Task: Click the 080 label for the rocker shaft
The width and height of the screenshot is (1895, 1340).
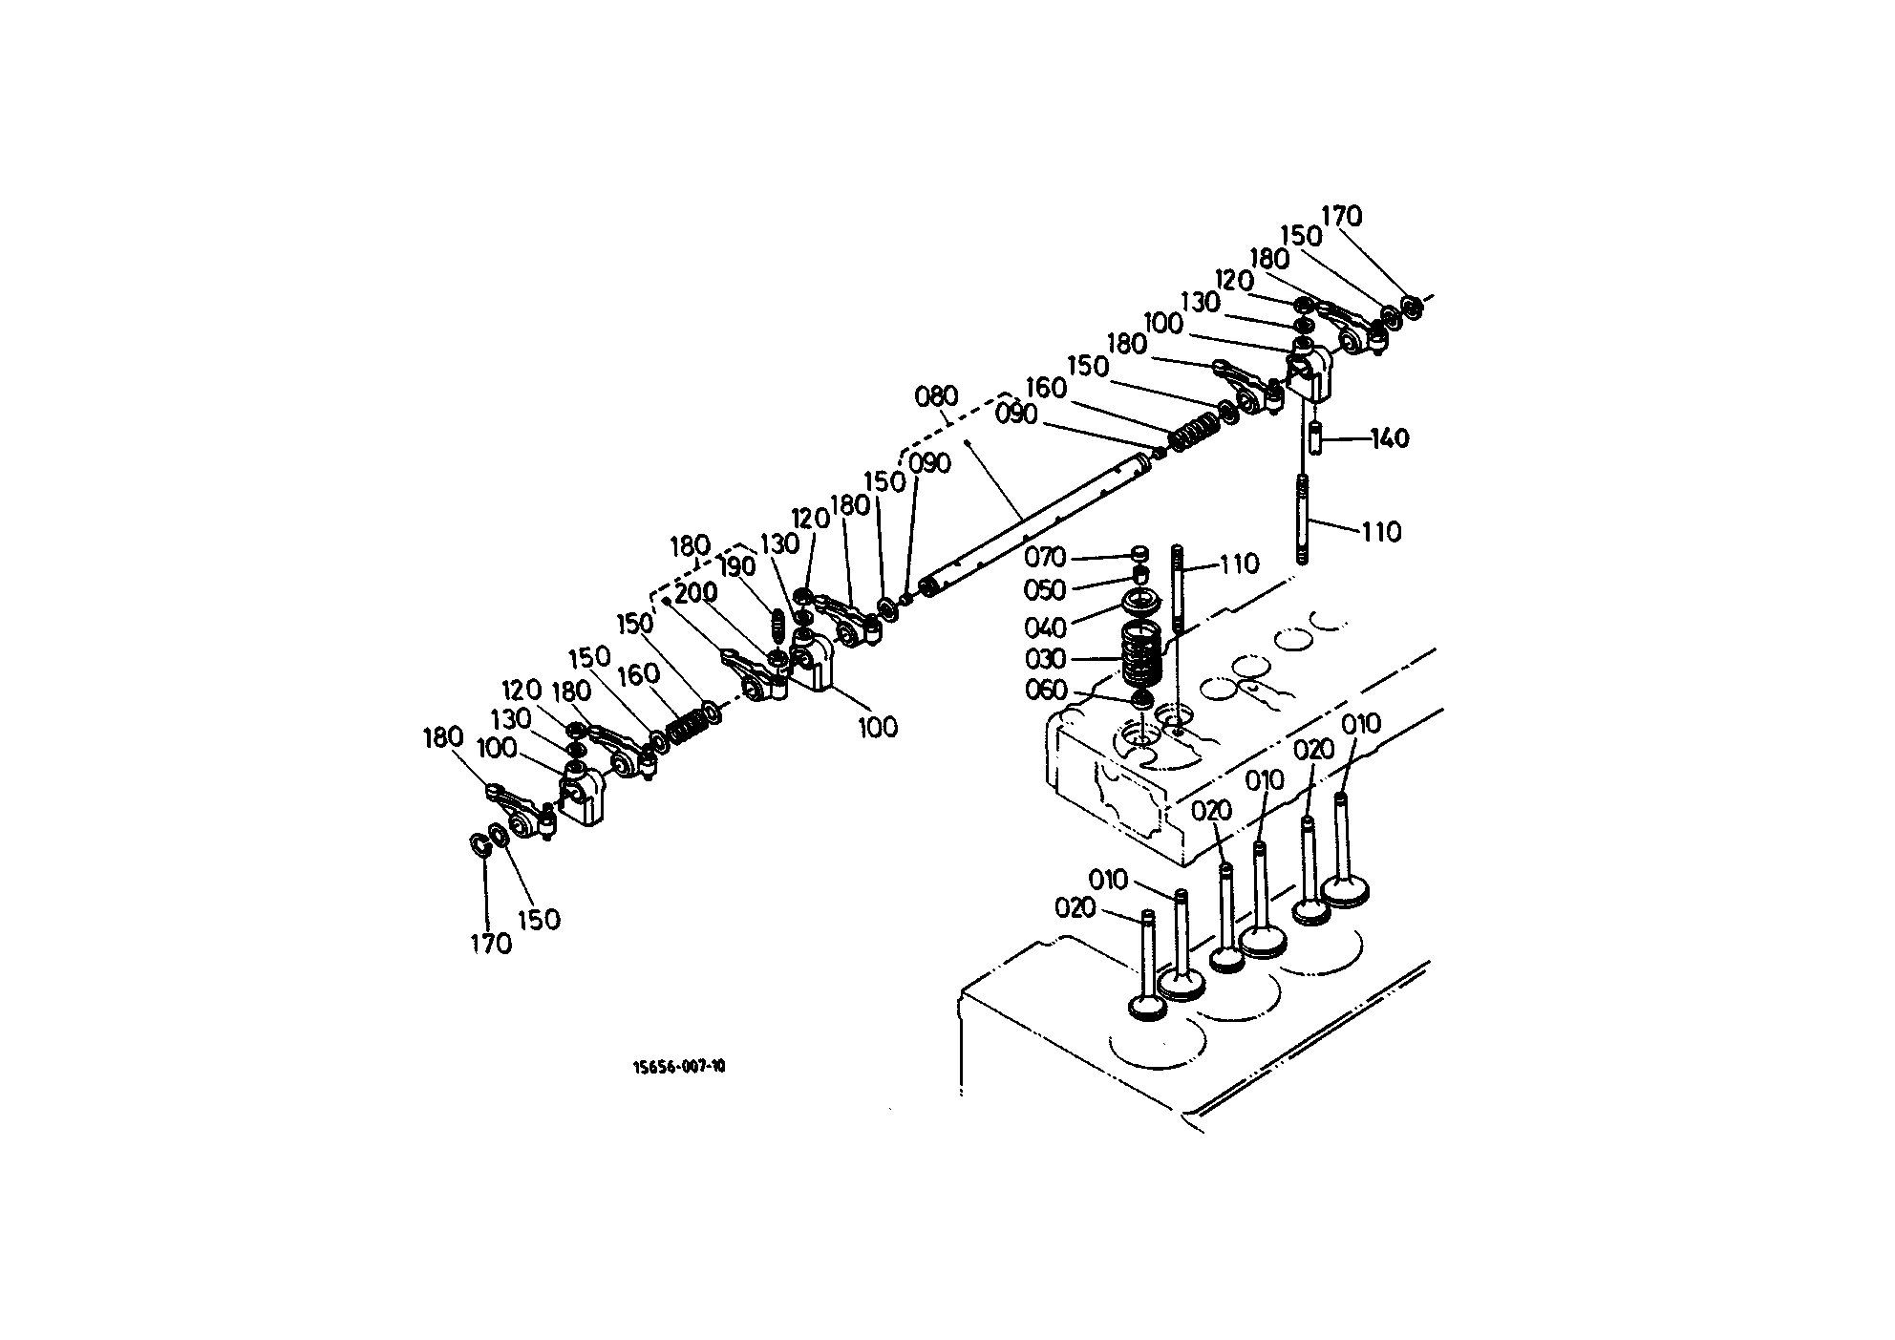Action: point(936,396)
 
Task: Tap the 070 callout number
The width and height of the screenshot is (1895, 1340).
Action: point(1045,557)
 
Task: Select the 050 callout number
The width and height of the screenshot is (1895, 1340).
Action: point(1045,590)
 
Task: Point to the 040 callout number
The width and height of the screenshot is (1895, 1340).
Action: point(1045,627)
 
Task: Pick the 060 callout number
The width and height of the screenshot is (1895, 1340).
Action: point(1045,691)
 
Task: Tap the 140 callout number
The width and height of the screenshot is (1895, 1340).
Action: point(1390,438)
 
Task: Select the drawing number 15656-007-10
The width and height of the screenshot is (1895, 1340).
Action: point(679,1067)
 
